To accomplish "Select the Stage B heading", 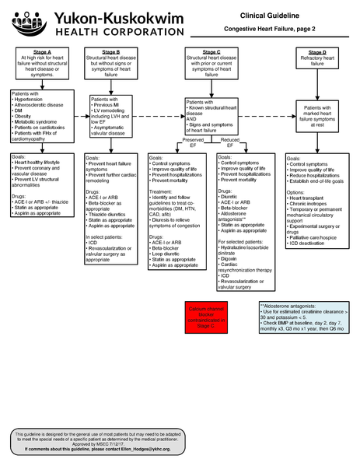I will [111, 51].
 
